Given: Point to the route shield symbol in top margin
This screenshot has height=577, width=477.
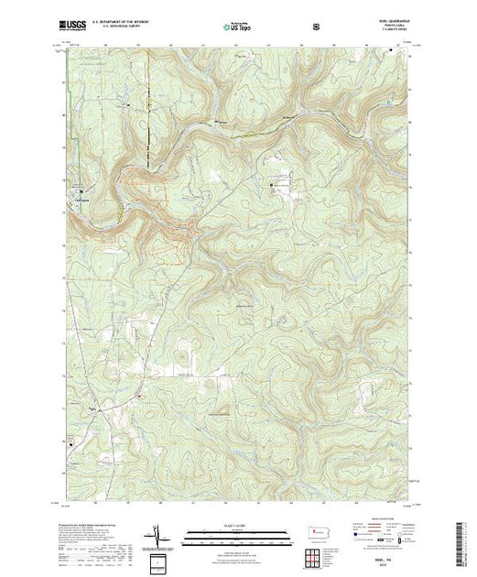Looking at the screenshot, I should tap(317, 27).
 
